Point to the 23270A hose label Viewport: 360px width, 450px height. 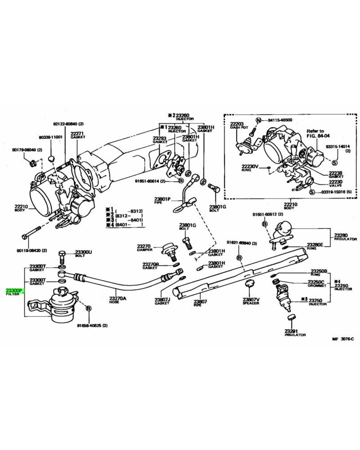point(118,298)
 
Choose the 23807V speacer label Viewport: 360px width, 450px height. point(252,300)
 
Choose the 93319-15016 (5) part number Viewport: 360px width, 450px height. point(335,192)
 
